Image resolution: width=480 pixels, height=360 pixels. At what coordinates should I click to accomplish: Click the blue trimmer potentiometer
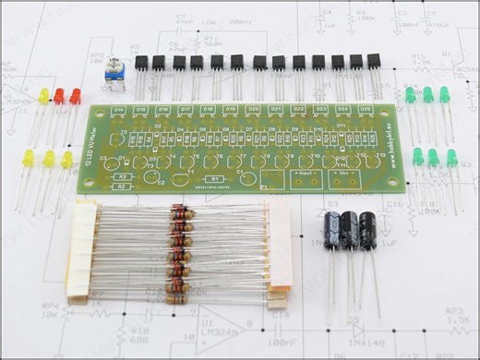115,73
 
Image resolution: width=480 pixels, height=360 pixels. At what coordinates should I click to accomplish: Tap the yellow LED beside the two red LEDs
43,97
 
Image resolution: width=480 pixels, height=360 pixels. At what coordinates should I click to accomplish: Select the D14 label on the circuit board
117,111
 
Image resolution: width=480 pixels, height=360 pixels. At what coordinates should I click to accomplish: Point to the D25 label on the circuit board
366,110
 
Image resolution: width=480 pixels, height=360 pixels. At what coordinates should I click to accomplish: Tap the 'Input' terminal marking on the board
306,173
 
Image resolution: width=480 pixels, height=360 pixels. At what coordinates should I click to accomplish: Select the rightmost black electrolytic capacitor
367,230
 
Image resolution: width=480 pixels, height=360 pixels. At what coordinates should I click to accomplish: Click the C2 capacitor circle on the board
160,179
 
